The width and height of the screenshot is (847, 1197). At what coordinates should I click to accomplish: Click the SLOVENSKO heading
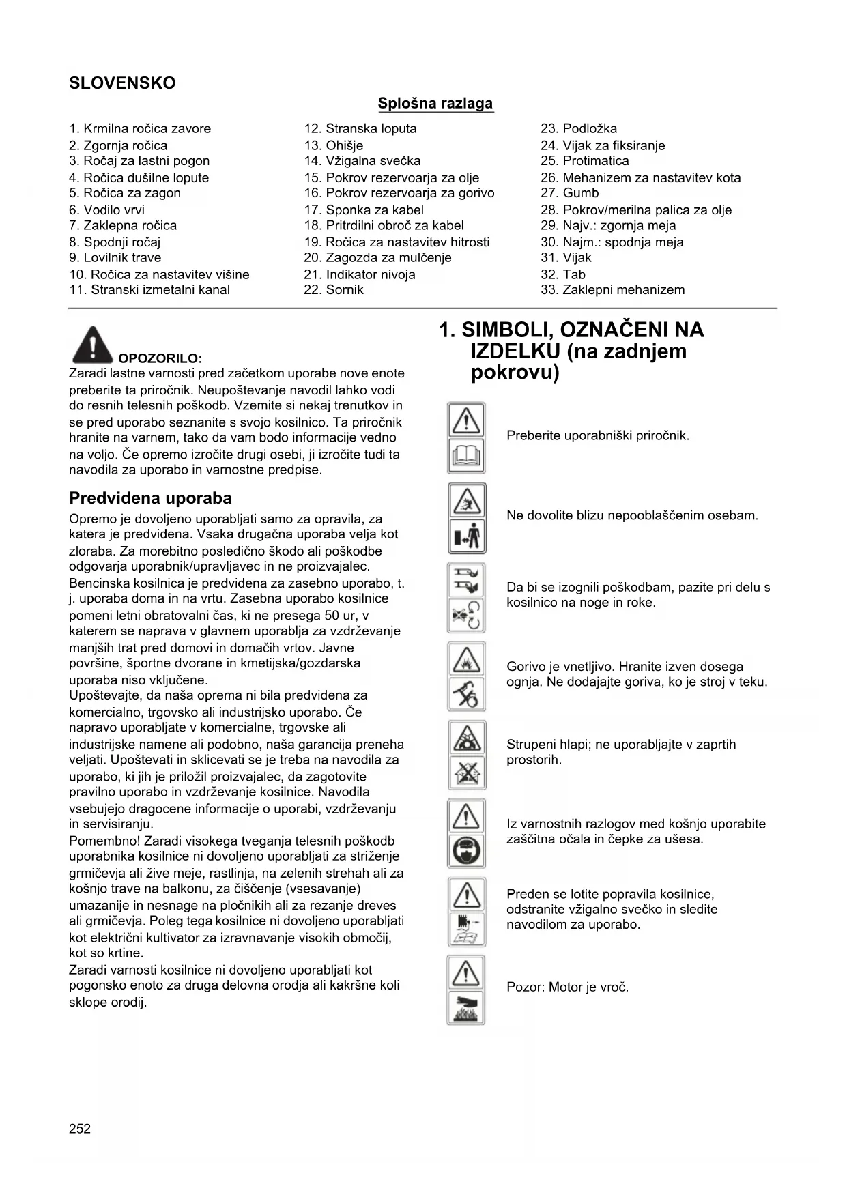pyautogui.click(x=122, y=83)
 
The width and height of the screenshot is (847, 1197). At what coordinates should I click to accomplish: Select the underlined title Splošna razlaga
pyautogui.click(x=435, y=104)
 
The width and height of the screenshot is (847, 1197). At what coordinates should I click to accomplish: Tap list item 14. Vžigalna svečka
pyautogui.click(x=362, y=161)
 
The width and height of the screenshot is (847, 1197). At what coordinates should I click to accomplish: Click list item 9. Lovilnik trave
pyautogui.click(x=115, y=258)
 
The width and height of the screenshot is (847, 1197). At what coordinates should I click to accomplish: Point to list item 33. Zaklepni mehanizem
pyautogui.click(x=612, y=290)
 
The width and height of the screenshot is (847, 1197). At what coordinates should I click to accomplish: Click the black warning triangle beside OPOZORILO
pyautogui.click(x=92, y=345)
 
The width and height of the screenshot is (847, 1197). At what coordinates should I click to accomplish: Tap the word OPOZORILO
pyautogui.click(x=160, y=358)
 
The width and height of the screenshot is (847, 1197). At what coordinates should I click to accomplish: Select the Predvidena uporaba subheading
pyautogui.click(x=150, y=498)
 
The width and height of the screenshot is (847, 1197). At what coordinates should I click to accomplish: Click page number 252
pyautogui.click(x=80, y=1129)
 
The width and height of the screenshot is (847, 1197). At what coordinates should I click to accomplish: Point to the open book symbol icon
pyautogui.click(x=466, y=456)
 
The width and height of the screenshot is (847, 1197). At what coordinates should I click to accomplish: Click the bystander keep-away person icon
pyautogui.click(x=466, y=536)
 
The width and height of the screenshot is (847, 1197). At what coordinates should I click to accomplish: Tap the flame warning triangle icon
pyautogui.click(x=466, y=659)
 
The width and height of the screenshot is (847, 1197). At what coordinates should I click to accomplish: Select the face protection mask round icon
pyautogui.click(x=466, y=851)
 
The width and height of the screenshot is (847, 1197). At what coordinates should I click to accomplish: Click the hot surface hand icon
pyautogui.click(x=466, y=1008)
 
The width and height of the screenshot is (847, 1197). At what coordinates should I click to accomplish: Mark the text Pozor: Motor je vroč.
pyautogui.click(x=567, y=987)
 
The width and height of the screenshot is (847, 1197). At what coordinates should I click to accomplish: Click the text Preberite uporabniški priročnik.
pyautogui.click(x=598, y=436)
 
